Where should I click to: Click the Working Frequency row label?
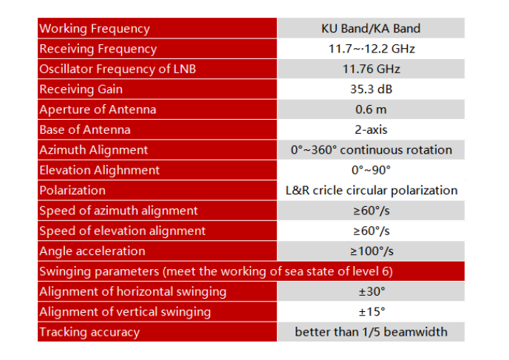point(94,29)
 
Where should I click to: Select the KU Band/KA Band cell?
point(371,29)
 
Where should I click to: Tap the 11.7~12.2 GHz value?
point(371,49)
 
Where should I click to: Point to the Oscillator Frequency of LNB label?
point(117,69)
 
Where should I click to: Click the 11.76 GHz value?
point(371,69)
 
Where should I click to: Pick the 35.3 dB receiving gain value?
point(371,89)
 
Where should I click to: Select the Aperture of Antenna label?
point(98,109)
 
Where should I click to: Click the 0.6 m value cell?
point(371,109)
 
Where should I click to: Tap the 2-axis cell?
point(371,129)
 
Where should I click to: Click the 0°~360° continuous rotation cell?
point(371,150)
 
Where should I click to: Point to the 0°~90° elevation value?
point(371,170)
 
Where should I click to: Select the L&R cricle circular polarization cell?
point(371,190)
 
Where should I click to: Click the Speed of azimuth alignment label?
point(118,211)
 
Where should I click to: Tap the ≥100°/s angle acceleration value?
point(371,251)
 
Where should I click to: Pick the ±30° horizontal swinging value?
point(371,291)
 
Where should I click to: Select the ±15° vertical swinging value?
point(371,311)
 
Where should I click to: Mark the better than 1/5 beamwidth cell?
point(371,332)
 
